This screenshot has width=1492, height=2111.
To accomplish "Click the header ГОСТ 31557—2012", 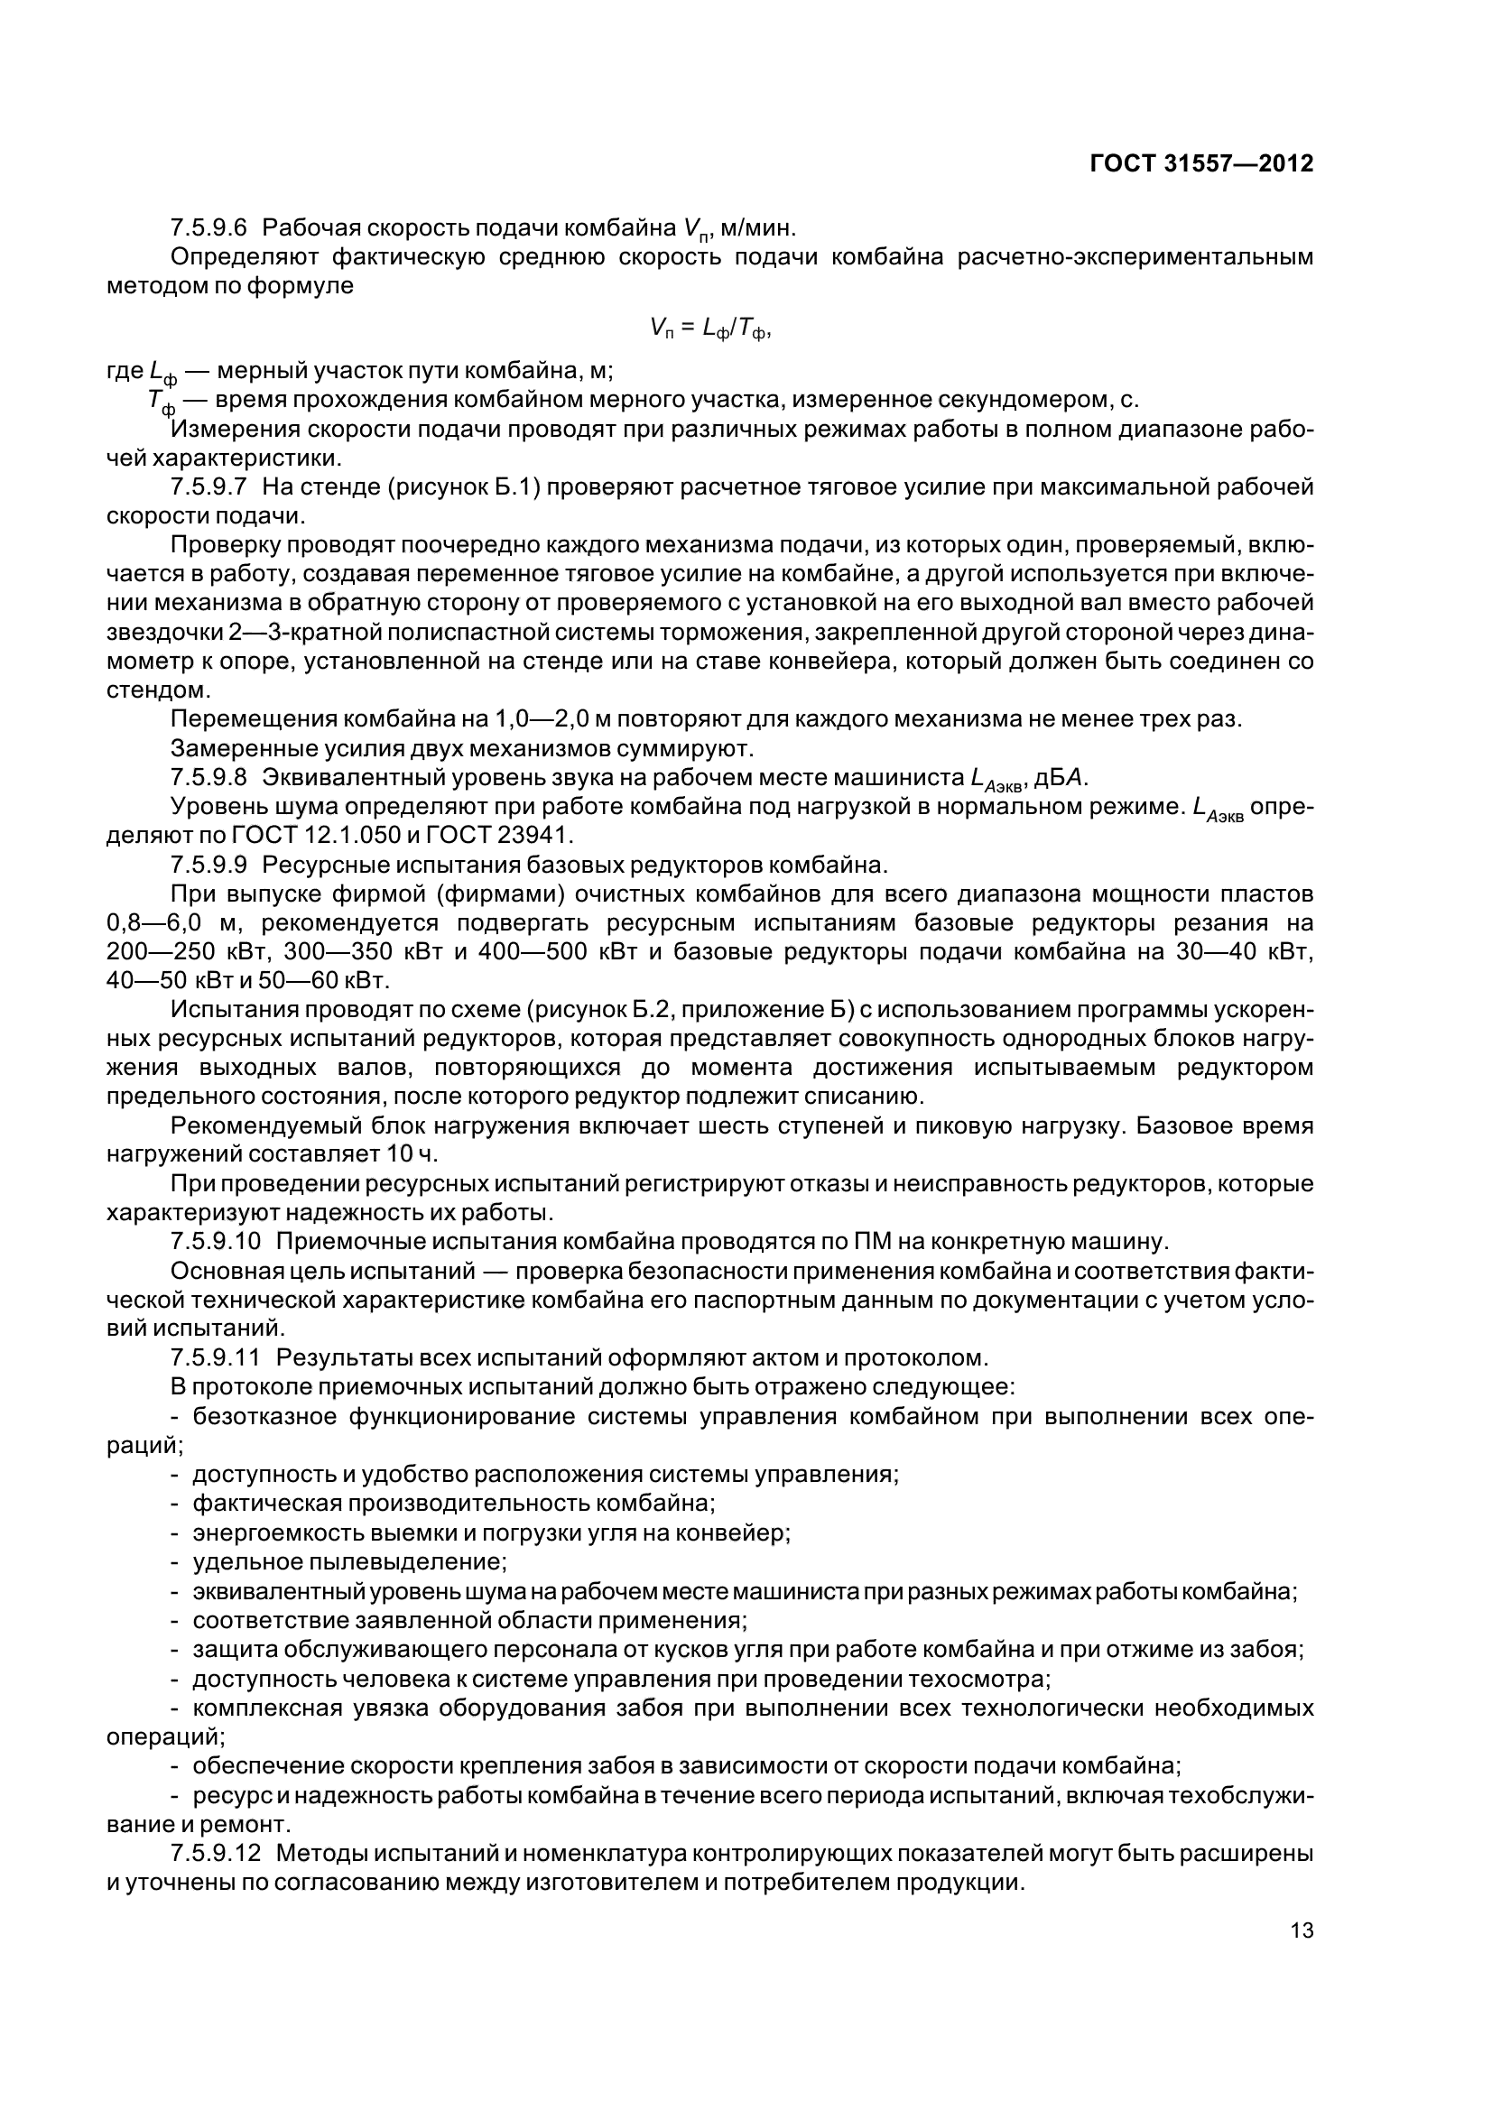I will [x=1200, y=163].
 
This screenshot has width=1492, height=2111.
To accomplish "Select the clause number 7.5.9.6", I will [x=209, y=227].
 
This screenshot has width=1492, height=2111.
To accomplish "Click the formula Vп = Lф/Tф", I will [x=708, y=329].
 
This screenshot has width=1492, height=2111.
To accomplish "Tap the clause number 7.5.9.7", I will [x=209, y=486].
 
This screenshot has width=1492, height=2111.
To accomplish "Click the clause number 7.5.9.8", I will [x=209, y=778].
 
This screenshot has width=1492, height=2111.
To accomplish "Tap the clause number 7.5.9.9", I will [x=209, y=866].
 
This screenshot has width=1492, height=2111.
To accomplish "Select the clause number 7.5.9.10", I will [x=215, y=1241].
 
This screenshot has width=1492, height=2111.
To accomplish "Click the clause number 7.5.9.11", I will [x=215, y=1357].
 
